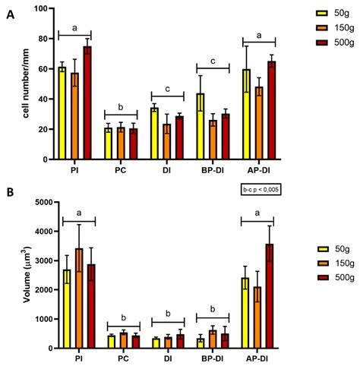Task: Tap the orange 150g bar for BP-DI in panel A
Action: [x=215, y=140]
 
